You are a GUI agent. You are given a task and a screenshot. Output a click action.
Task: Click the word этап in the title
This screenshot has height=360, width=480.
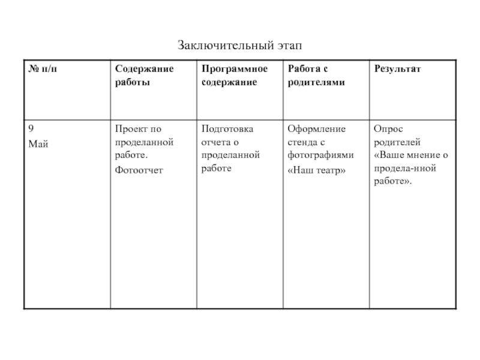click(287, 45)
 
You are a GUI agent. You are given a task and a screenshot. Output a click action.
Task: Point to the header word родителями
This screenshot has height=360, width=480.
click(316, 82)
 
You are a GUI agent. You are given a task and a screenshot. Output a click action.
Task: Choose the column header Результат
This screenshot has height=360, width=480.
click(398, 69)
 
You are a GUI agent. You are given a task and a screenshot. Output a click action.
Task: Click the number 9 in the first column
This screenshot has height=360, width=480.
click(31, 129)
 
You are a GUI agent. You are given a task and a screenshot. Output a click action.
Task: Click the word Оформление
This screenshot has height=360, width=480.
click(316, 129)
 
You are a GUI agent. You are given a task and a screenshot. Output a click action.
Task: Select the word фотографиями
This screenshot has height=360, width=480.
click(320, 155)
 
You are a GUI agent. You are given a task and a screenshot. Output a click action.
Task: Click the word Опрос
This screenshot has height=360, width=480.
click(388, 129)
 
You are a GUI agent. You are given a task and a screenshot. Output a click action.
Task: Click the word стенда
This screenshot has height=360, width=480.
click(302, 142)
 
